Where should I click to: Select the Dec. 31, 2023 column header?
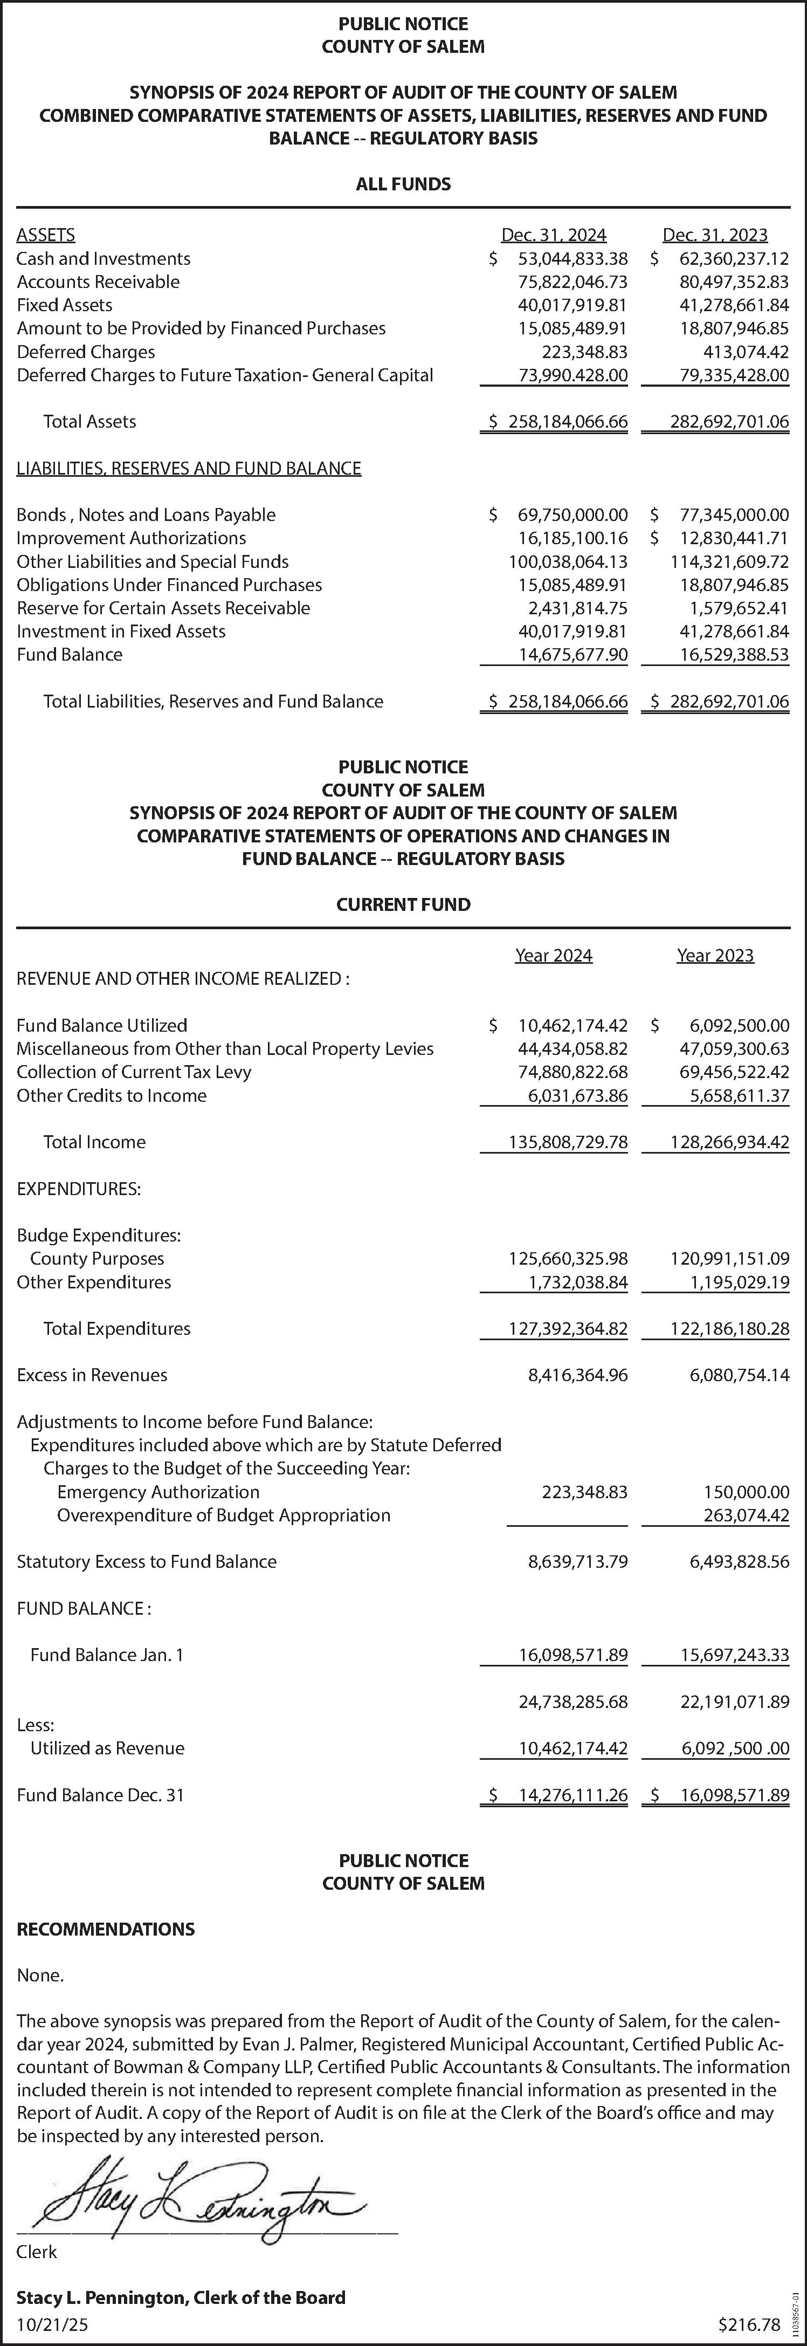point(715,235)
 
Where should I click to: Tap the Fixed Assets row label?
point(65,305)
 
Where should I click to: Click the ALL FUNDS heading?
point(403,184)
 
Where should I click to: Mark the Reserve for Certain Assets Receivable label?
point(163,608)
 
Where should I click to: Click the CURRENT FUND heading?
point(403,904)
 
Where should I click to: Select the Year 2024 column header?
point(554,955)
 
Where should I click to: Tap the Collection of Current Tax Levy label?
point(134,1072)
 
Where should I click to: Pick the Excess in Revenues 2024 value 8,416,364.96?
point(577,1375)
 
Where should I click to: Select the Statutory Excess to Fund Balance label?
point(147,1562)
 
